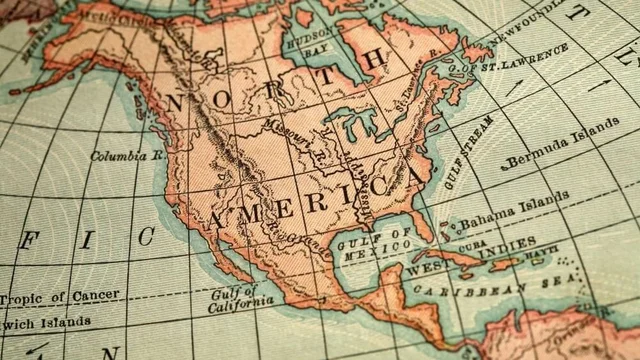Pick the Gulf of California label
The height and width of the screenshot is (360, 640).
click(x=241, y=297)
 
